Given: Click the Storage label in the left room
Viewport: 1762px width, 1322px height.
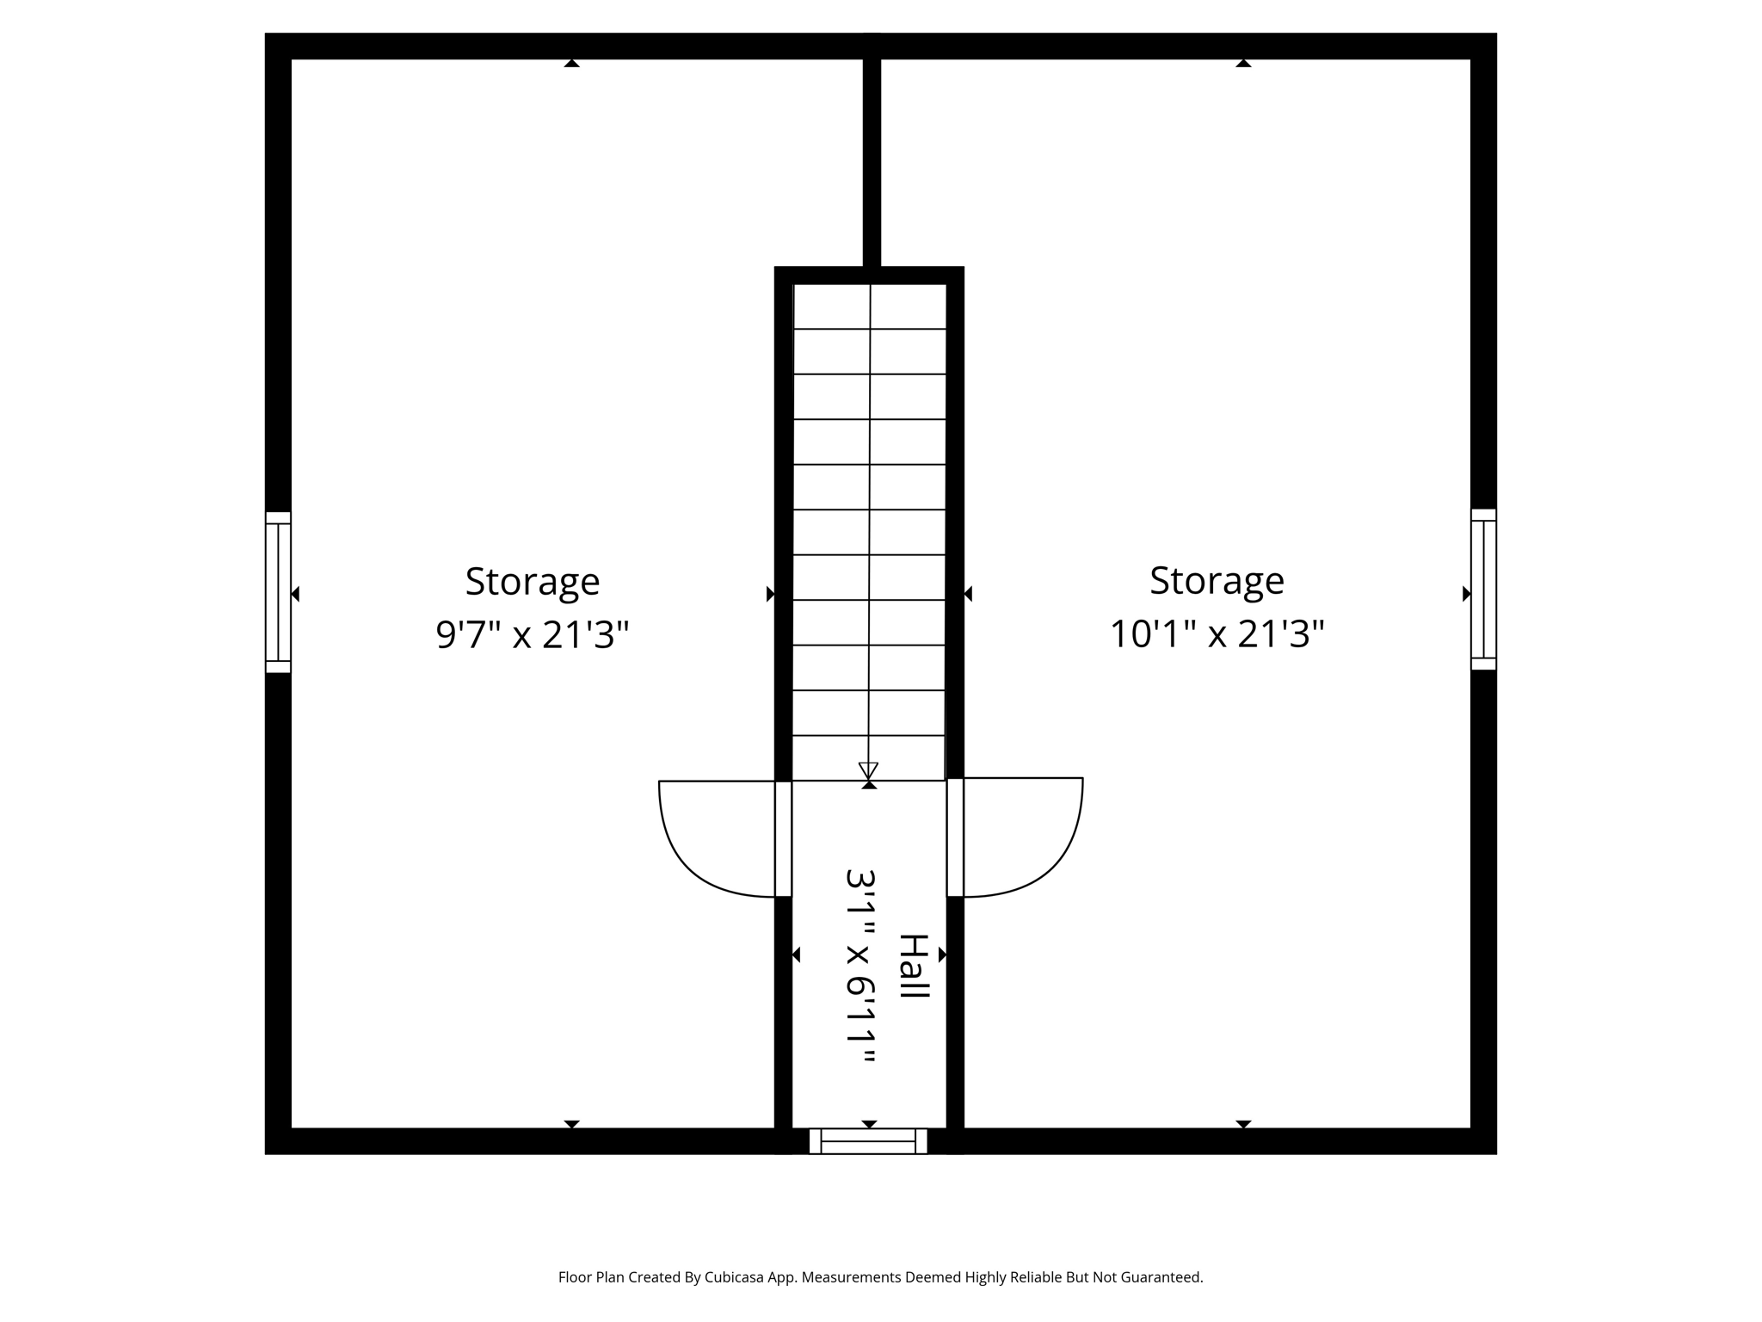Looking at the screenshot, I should [532, 582].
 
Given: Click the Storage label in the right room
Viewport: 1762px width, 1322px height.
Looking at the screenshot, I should [1217, 581].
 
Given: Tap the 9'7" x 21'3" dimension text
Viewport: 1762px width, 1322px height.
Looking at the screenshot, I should [532, 635].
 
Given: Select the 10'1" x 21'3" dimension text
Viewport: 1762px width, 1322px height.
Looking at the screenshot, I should [1217, 634].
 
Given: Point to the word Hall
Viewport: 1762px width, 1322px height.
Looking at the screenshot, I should [913, 966].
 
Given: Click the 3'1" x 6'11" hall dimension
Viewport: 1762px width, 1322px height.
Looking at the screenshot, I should [861, 966].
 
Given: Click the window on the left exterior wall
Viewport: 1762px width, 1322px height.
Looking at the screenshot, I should [278, 592].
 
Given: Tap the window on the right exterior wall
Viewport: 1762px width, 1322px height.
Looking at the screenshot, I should [1483, 590].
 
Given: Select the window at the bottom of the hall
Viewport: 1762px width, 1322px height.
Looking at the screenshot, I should [868, 1141].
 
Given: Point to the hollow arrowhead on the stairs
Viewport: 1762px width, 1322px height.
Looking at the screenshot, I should [868, 769].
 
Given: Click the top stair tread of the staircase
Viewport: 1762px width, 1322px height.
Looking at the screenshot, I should [869, 306].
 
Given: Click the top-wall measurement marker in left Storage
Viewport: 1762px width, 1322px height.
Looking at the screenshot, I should [571, 63].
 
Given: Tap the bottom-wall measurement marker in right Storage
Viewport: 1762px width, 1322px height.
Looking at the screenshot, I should [1243, 1124].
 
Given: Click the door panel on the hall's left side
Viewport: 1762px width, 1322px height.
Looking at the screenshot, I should [783, 839].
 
